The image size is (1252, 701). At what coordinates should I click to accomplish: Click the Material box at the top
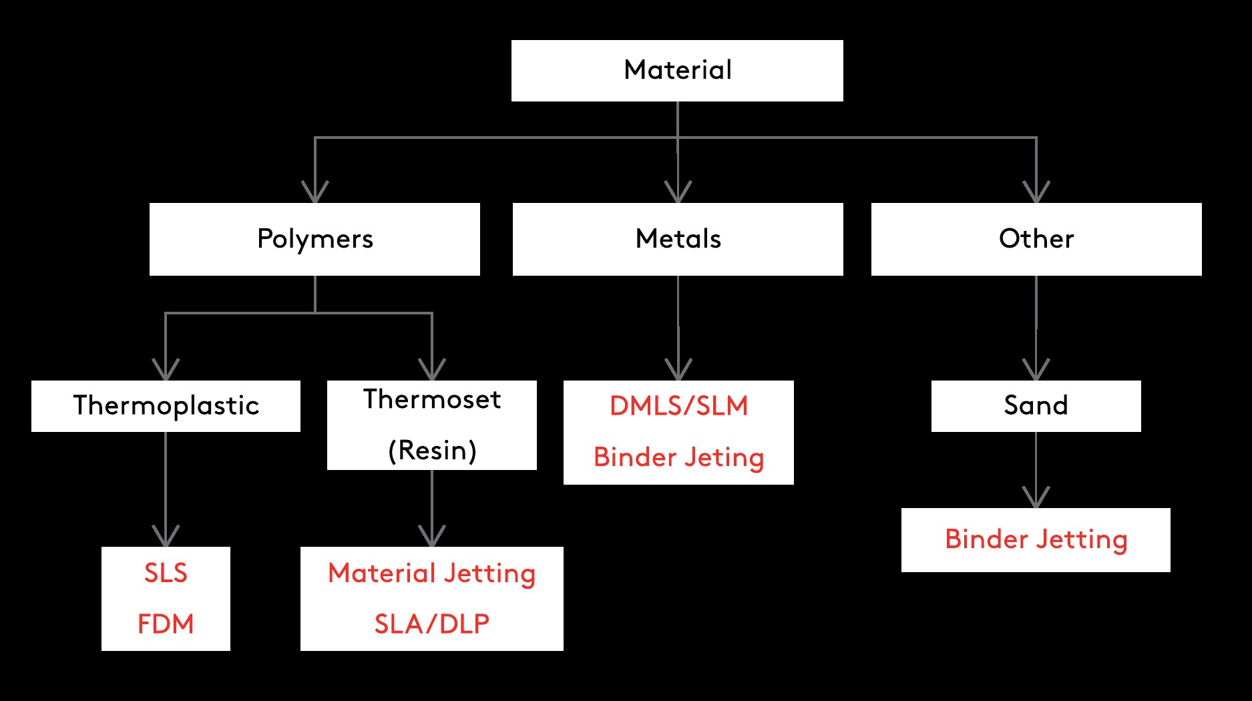coord(677,70)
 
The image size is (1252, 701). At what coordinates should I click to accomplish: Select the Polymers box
coord(315,239)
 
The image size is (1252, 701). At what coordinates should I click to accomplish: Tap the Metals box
coord(678,239)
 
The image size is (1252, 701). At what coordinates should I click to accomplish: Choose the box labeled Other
coord(1036,239)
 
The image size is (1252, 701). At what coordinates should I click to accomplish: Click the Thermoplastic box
coord(166,406)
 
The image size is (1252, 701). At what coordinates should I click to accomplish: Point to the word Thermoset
coord(432,399)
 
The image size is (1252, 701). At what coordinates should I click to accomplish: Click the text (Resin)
coord(432,451)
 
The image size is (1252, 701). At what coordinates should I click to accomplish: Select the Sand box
coord(1036,406)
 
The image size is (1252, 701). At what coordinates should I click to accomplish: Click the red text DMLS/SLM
coord(678,406)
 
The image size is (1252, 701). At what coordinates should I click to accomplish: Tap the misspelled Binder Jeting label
coord(678,457)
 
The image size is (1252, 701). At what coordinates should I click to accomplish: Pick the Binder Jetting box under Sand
coord(1036,539)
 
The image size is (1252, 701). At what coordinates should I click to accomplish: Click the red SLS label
coord(166,573)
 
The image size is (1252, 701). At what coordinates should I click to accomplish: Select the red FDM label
coord(166,624)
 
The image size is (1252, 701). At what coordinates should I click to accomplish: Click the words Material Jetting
coord(432,573)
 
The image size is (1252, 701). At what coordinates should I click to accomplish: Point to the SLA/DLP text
coord(432,624)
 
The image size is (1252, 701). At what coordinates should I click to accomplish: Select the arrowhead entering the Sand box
coord(1036,371)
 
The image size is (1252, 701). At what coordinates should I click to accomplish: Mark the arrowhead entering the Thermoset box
coord(432,371)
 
